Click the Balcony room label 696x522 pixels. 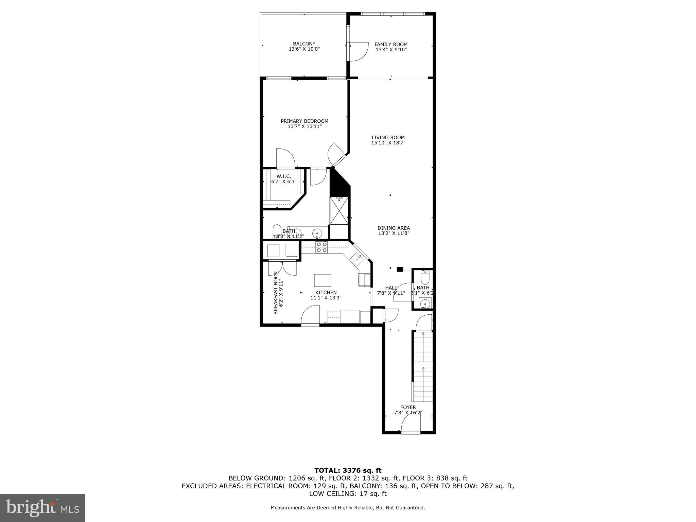pos(304,44)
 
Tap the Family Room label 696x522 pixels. pos(391,45)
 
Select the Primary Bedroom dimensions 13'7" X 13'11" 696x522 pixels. pos(304,126)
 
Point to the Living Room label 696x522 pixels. pos(388,138)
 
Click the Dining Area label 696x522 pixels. pos(394,228)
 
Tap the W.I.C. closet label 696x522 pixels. pos(283,176)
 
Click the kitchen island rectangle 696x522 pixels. pos(323,280)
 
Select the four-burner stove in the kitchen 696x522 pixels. pos(321,247)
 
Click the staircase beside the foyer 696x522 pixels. pos(423,367)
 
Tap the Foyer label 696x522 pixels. pos(408,407)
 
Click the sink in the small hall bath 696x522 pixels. pos(424,303)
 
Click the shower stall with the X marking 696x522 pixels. pos(339,211)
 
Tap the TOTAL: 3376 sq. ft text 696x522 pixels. pos(348,470)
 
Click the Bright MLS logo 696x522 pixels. pos(42,508)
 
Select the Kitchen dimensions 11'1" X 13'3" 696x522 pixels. pos(326,298)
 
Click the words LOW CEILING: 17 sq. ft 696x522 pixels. pos(348,493)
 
